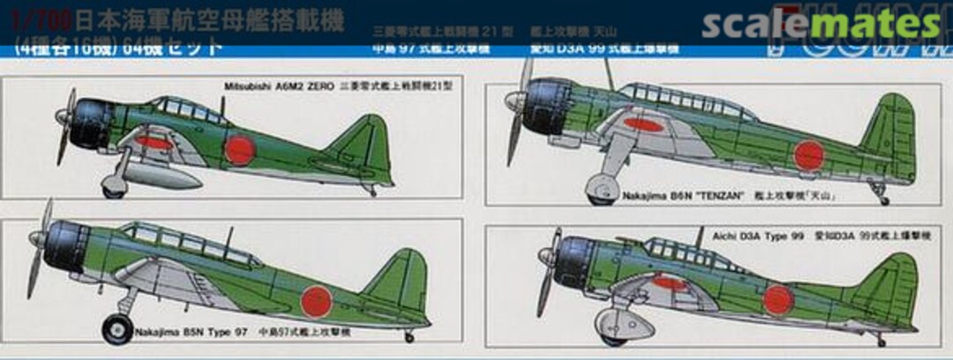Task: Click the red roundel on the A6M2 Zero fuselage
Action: coord(238,149)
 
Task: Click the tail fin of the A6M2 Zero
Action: coord(364,146)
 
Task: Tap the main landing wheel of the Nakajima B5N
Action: coord(116,331)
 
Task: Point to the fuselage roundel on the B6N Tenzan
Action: coord(808,156)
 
